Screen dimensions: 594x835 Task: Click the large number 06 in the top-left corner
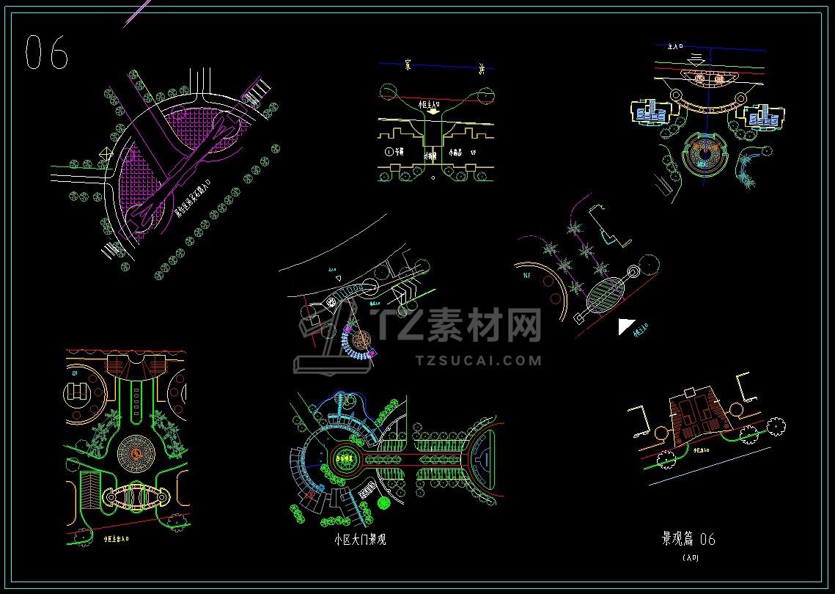click(x=47, y=52)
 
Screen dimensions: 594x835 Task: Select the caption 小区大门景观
click(x=359, y=540)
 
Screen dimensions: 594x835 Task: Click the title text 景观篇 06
click(x=688, y=539)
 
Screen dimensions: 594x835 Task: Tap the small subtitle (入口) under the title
click(x=690, y=558)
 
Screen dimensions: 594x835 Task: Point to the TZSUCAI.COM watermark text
click(x=478, y=360)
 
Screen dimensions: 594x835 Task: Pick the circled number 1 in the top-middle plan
click(x=389, y=153)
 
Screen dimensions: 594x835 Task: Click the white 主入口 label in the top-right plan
click(x=676, y=46)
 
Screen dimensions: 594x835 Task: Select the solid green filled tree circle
click(x=383, y=502)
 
